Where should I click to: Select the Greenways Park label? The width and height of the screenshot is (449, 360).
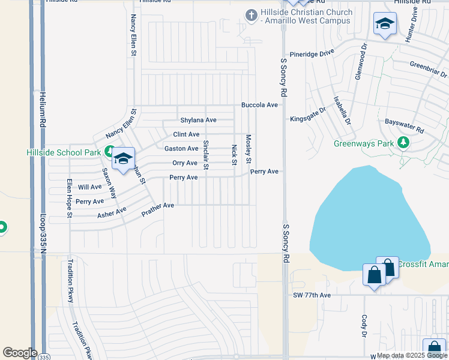click(x=364, y=143)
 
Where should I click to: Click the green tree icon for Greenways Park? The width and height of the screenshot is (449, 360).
click(x=404, y=142)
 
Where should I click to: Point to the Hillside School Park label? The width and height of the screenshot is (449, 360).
click(x=64, y=152)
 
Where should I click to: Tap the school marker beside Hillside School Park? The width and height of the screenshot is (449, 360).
click(x=124, y=160)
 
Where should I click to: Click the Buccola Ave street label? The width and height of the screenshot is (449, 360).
click(x=259, y=105)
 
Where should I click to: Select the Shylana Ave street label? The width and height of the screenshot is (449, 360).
click(x=199, y=120)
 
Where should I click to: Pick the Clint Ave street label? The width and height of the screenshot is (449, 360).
click(x=186, y=134)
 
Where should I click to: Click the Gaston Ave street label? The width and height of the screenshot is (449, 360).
click(x=181, y=149)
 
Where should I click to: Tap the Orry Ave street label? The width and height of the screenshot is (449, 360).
click(x=184, y=163)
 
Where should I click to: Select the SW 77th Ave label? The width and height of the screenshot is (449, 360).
click(x=312, y=295)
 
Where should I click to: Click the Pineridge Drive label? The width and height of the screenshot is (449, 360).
click(x=312, y=53)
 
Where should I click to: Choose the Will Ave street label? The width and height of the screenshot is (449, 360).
click(x=86, y=187)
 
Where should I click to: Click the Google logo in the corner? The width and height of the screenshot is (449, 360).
click(x=20, y=353)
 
